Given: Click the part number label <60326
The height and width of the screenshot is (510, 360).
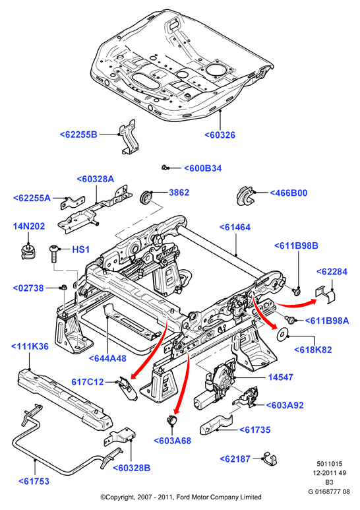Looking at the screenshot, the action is [x=220, y=135].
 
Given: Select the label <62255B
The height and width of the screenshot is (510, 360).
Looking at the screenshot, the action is [x=78, y=135].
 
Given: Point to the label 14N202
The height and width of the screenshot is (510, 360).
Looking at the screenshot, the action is [x=28, y=226].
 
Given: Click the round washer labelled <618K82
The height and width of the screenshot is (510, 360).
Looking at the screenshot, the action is [x=282, y=335].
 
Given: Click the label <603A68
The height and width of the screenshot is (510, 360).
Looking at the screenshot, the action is [x=172, y=441].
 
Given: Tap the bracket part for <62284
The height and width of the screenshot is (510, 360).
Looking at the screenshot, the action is [x=326, y=294].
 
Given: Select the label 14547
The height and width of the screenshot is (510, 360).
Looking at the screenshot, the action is [x=281, y=377].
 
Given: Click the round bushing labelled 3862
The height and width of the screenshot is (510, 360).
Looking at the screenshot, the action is [x=145, y=198].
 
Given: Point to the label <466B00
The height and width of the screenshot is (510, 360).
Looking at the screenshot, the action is [x=289, y=193].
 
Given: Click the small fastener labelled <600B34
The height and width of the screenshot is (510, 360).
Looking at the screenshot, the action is [x=165, y=168].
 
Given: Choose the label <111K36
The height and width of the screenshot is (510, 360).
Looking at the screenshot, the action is [x=30, y=346].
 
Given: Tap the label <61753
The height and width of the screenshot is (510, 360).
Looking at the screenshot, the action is [x=34, y=481].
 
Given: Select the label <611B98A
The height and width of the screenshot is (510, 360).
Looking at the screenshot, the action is [x=327, y=321].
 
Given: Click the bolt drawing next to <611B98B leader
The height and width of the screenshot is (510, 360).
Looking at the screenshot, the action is [x=296, y=290].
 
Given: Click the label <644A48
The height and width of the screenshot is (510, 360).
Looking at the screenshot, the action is [x=107, y=358].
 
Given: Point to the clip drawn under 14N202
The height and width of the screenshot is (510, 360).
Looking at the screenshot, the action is [x=27, y=252].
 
